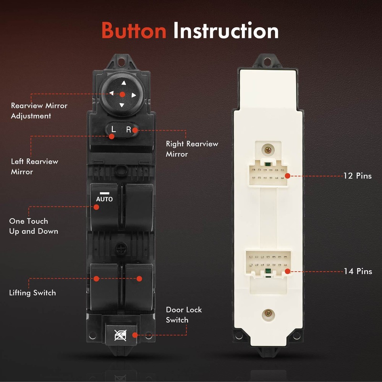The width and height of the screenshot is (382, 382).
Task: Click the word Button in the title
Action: point(133,31)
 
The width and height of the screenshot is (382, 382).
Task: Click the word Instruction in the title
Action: point(226,31)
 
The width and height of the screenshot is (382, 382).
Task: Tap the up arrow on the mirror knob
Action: point(123,83)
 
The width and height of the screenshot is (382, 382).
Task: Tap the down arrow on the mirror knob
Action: point(122,105)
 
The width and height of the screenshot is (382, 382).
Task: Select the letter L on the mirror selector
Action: point(113,129)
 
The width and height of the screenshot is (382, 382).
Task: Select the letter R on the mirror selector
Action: point(129,129)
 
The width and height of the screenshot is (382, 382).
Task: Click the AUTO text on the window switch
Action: point(104,199)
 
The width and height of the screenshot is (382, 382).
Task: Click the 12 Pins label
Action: point(358,176)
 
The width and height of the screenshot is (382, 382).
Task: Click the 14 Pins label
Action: point(358,271)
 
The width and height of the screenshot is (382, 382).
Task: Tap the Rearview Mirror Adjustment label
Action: point(39,111)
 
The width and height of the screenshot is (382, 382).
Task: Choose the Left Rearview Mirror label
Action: point(34,167)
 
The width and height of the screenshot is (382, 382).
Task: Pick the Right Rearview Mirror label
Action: point(192,149)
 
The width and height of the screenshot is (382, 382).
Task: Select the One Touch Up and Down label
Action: point(34,226)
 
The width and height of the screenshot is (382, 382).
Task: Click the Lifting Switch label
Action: point(32,293)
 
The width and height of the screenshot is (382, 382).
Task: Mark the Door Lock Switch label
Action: point(184,315)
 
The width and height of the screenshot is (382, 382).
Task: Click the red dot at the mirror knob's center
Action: point(122,94)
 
